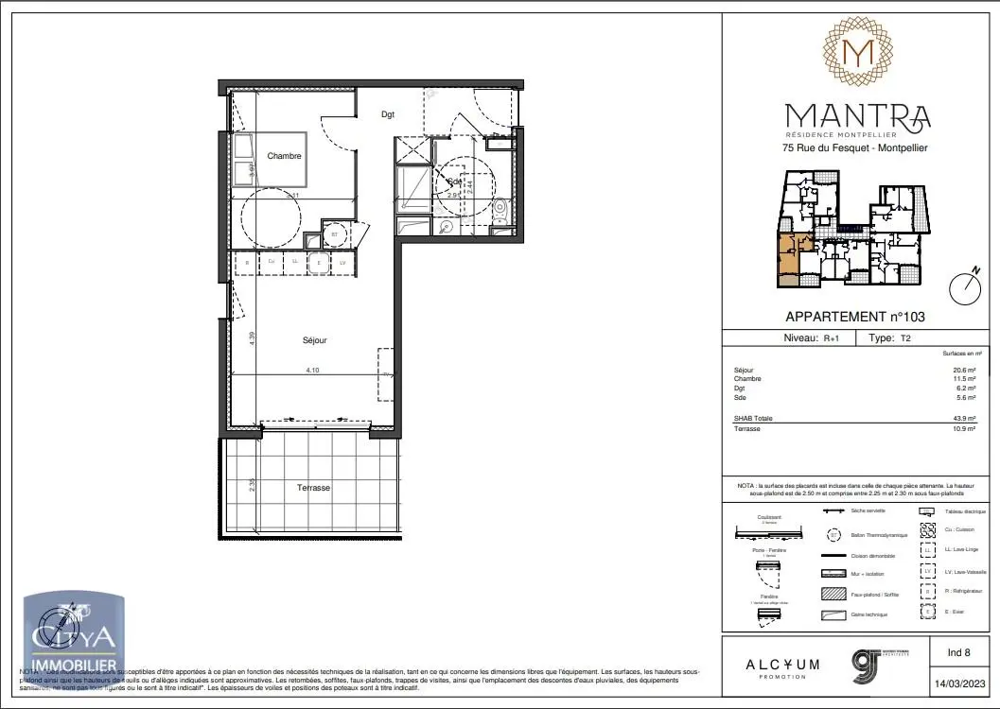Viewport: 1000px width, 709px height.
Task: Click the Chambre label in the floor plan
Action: tap(284, 156)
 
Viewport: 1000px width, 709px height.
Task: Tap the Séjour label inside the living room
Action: tap(315, 340)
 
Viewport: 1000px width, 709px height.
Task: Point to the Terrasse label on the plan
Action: tap(313, 488)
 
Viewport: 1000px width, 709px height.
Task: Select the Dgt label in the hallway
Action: tap(388, 114)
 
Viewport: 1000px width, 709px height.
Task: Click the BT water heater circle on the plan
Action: tap(334, 233)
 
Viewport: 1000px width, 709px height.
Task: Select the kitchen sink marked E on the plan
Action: tap(319, 262)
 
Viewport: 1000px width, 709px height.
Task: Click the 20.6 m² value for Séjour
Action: tap(963, 370)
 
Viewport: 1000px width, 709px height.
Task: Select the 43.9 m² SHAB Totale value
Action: tap(963, 417)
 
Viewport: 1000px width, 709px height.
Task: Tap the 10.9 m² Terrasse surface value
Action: tap(963, 426)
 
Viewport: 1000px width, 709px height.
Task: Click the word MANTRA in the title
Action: tap(858, 116)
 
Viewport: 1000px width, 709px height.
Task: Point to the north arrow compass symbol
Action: tap(965, 287)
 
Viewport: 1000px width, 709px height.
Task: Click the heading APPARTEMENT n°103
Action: tap(855, 318)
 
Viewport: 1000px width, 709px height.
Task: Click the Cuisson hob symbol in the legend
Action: tap(928, 529)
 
